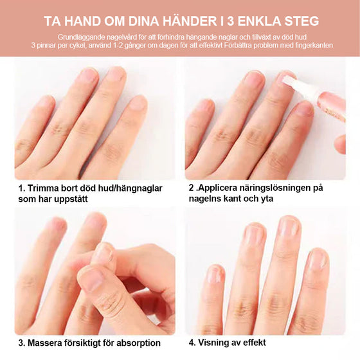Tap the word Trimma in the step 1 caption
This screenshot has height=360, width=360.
pos(46,188)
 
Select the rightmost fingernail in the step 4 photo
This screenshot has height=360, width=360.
pos(316,259)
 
